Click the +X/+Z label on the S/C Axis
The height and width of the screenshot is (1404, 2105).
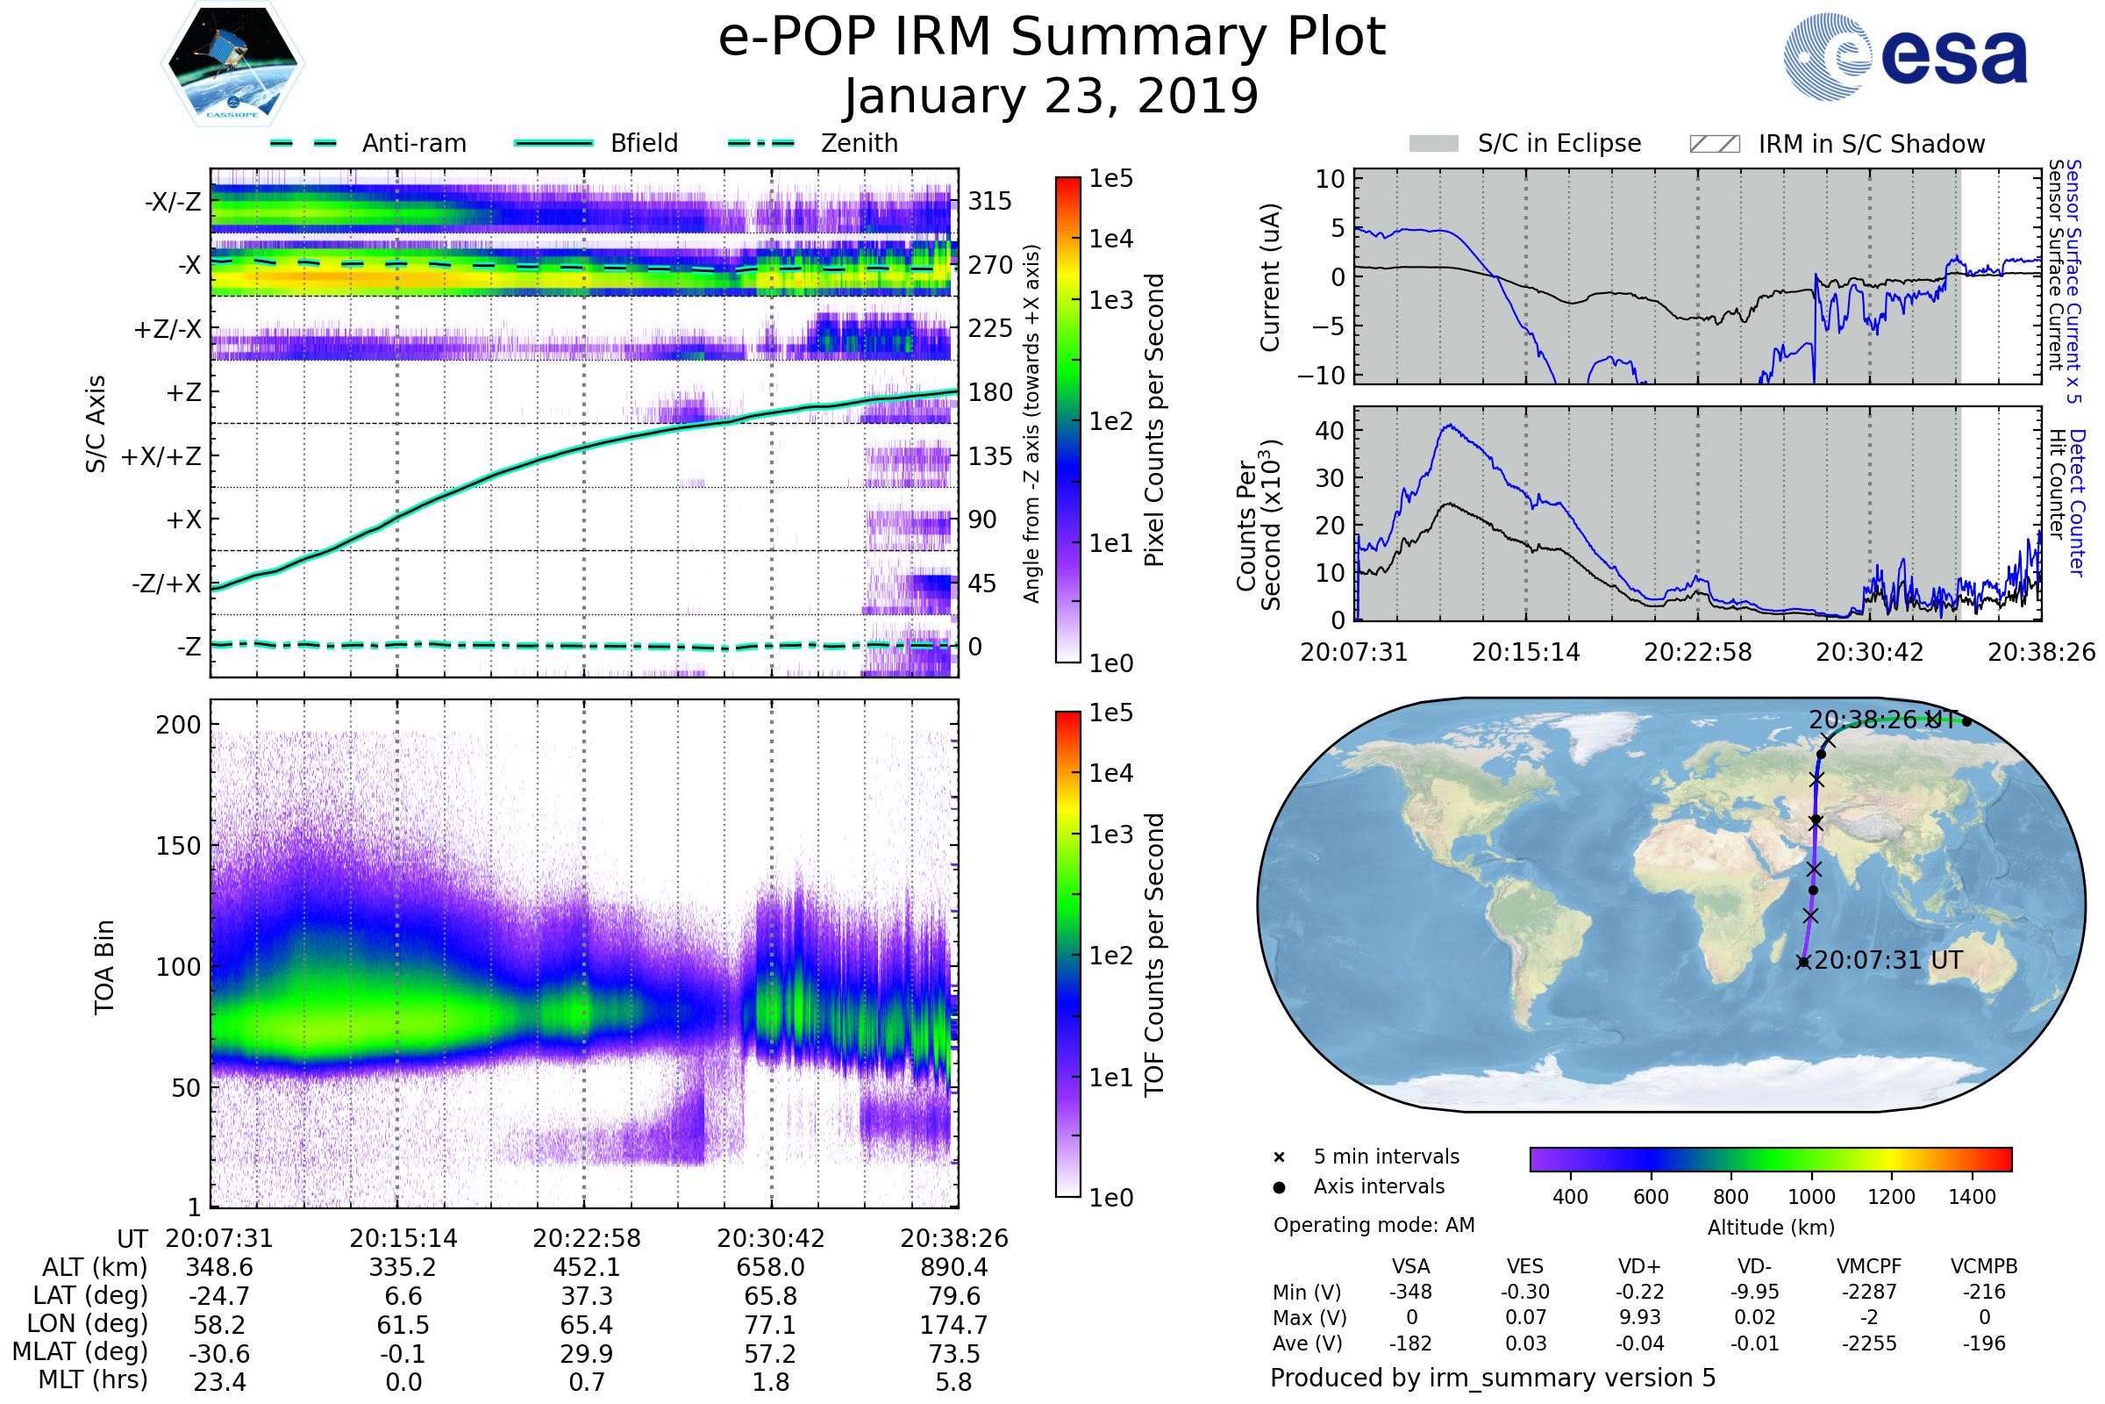coord(161,456)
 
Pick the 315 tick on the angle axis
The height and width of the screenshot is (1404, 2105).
coord(989,202)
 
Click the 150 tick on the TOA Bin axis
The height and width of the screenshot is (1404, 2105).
coord(178,846)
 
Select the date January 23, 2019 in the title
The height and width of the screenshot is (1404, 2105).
coord(1052,97)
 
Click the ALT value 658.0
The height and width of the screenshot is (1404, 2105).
coord(771,1267)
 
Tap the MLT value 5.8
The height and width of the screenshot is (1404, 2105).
coord(953,1381)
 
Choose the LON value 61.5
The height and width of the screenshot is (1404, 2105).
coord(403,1324)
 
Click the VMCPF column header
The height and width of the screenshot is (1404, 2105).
coord(1869,1266)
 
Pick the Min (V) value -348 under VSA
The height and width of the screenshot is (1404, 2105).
coord(1410,1292)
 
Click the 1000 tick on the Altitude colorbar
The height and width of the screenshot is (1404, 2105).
coord(1810,1197)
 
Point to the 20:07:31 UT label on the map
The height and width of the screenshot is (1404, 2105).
coord(1887,961)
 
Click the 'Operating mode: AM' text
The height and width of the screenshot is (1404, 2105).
coord(1374,1225)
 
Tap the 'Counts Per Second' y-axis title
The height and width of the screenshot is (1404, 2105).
coord(1259,525)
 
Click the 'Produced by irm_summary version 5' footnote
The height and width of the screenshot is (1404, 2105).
coord(1492,1378)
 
